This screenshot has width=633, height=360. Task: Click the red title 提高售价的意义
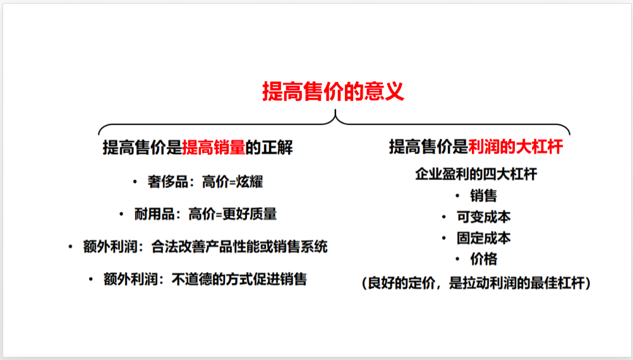pos(333,91)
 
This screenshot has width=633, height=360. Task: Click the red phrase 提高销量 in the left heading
pos(214,148)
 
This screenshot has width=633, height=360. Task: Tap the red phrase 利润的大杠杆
pos(515,147)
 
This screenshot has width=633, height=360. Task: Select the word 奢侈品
pos(167,182)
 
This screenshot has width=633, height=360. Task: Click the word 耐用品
pos(155,214)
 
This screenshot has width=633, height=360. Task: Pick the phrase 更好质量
pos(250,214)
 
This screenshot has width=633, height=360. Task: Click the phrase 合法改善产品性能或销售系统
pos(239,246)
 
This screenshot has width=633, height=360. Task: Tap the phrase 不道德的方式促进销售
pos(239,279)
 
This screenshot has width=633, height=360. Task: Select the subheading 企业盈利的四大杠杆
pos(476,174)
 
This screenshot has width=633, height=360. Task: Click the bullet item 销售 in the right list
pos(483,196)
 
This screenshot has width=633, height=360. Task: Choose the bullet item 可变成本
pos(483,217)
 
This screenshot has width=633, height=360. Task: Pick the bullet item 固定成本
pos(483,238)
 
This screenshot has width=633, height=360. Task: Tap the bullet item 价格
pos(483,259)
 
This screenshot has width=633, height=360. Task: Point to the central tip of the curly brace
pos(335,110)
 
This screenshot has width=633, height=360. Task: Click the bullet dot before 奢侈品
pos(135,183)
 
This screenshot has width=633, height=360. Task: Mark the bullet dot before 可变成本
pos(444,217)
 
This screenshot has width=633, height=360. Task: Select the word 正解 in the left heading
pos(277,148)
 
